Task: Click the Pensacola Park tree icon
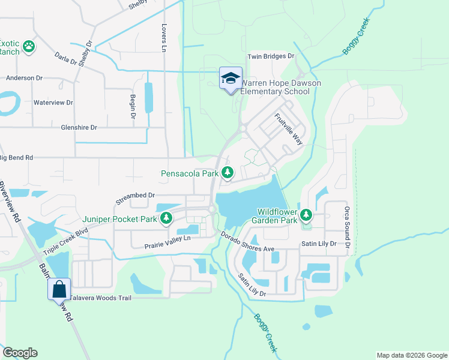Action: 227,173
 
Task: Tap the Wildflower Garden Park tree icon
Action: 306,214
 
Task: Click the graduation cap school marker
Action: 230,79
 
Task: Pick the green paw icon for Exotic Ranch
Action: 28,46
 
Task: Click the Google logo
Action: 20,353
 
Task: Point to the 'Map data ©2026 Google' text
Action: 411,355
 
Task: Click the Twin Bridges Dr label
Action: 271,56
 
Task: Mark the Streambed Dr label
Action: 135,195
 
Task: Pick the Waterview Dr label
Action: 53,103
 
